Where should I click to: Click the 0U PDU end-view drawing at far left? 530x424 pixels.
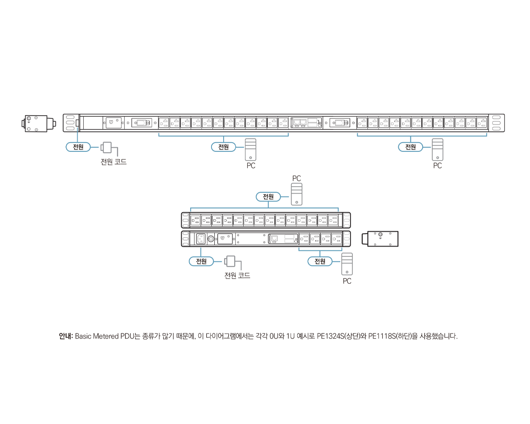pyautogui.click(x=39, y=124)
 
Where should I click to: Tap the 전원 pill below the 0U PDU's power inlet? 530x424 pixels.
pyautogui.click(x=78, y=147)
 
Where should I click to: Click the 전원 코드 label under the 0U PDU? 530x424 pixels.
pyautogui.click(x=113, y=162)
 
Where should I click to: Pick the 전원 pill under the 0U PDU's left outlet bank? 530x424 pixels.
pyautogui.click(x=224, y=147)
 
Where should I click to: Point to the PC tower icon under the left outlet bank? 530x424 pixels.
pyautogui.click(x=251, y=150)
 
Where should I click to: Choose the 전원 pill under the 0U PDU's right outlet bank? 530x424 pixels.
pyautogui.click(x=411, y=147)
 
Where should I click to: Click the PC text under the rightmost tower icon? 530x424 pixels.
pyautogui.click(x=437, y=165)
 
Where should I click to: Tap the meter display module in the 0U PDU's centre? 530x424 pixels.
pyautogui.click(x=306, y=123)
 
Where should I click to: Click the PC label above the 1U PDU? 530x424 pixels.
pyautogui.click(x=297, y=178)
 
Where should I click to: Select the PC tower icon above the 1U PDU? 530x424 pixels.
pyautogui.click(x=297, y=194)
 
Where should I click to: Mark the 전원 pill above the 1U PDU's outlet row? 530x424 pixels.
pyautogui.click(x=268, y=196)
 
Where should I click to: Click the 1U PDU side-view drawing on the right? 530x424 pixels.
pyautogui.click(x=380, y=239)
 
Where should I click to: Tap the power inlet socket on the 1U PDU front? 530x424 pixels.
pyautogui.click(x=201, y=239)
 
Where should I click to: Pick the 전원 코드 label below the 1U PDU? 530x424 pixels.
pyautogui.click(x=237, y=275)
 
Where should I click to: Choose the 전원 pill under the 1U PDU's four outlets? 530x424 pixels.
pyautogui.click(x=320, y=261)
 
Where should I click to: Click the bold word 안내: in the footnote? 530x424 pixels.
pyautogui.click(x=66, y=336)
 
